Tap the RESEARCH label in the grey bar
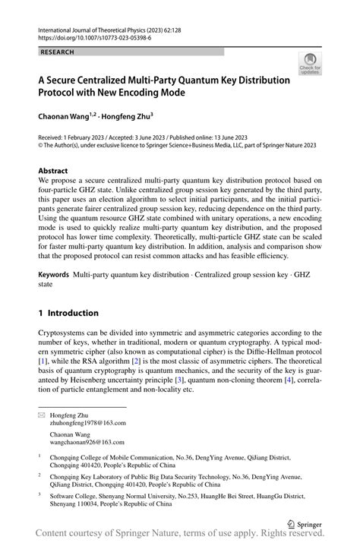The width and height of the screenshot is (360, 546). pyautogui.click(x=58, y=52)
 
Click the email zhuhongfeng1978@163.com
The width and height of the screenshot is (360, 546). pyautogui.click(x=88, y=423)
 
